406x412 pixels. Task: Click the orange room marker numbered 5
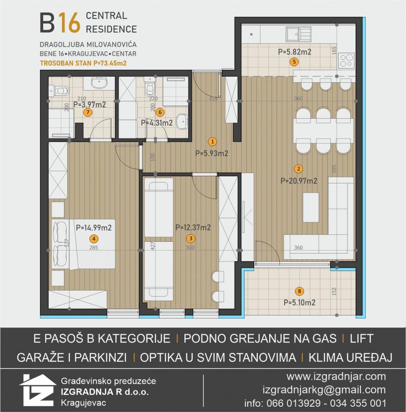[294, 62]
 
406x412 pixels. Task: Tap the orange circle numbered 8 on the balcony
[299, 291]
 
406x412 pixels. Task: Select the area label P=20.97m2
[299, 181]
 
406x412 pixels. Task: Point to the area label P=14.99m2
[94, 228]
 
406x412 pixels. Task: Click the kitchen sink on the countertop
[298, 34]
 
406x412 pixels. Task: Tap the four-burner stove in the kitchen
[346, 61]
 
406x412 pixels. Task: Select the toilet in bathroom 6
[150, 87]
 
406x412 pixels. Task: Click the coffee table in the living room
[311, 207]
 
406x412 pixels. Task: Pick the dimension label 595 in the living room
[334, 169]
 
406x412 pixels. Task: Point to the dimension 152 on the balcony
[334, 291]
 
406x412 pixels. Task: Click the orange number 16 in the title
[69, 23]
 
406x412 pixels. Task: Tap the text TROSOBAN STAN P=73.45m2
[83, 63]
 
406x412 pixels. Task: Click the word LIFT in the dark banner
[361, 338]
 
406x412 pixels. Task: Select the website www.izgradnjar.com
[336, 377]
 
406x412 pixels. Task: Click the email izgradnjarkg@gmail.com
[324, 390]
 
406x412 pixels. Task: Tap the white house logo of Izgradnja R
[37, 390]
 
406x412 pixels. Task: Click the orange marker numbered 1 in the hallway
[212, 142]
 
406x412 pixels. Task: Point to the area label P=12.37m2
[193, 227]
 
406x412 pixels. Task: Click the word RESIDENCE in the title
[111, 29]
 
